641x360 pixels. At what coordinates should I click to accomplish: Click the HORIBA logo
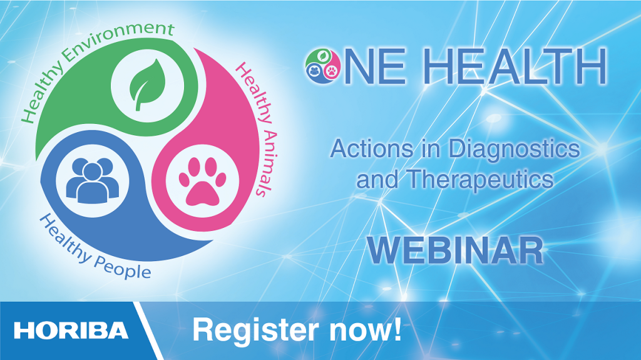[71, 331]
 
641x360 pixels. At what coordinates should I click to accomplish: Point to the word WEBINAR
[455, 250]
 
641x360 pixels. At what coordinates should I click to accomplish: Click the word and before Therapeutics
[376, 180]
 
